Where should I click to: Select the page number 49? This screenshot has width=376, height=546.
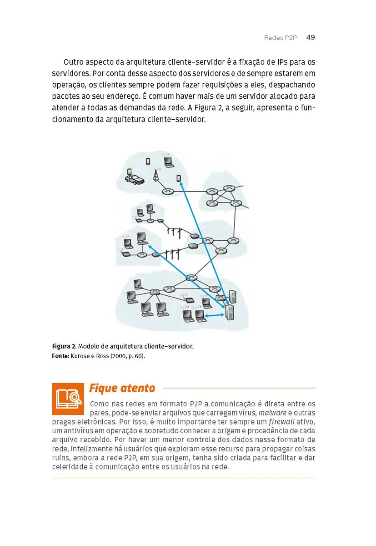pyautogui.click(x=311, y=37)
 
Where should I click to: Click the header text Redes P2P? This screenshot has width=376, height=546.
pyautogui.click(x=280, y=38)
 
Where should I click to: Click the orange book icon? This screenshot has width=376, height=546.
pyautogui.click(x=68, y=399)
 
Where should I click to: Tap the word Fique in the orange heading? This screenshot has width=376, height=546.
pyautogui.click(x=102, y=388)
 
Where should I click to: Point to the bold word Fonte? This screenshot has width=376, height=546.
pyautogui.click(x=60, y=355)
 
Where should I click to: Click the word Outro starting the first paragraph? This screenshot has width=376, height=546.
pyautogui.click(x=74, y=62)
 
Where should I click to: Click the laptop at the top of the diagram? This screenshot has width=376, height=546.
pyautogui.click(x=167, y=162)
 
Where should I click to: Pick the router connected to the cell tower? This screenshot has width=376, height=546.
pyautogui.click(x=169, y=192)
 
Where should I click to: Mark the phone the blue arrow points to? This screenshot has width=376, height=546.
pyautogui.click(x=179, y=178)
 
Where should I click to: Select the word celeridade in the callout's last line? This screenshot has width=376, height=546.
pyautogui.click(x=71, y=467)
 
